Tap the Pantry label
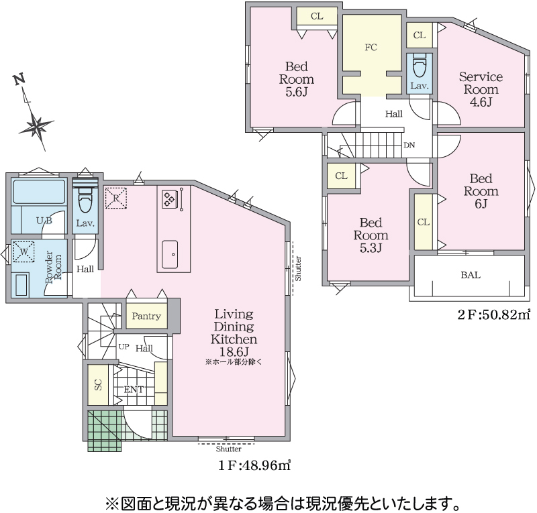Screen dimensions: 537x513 click(x=146, y=316)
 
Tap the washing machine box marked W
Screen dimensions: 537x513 click(x=23, y=252)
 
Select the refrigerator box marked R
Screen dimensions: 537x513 click(x=115, y=198)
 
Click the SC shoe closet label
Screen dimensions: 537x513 click(x=98, y=385)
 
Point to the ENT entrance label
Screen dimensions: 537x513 click(x=134, y=390)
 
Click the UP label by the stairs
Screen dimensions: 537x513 click(x=124, y=347)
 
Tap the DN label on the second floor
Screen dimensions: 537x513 click(x=409, y=145)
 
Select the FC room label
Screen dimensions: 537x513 click(x=371, y=47)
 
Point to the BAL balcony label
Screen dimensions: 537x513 click(x=471, y=275)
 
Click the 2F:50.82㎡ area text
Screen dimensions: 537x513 click(x=494, y=315)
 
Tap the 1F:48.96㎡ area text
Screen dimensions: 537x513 click(x=254, y=465)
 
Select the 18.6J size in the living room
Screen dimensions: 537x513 click(x=233, y=352)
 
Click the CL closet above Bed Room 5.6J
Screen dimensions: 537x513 click(x=317, y=16)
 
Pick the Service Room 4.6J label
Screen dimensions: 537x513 click(x=481, y=89)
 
